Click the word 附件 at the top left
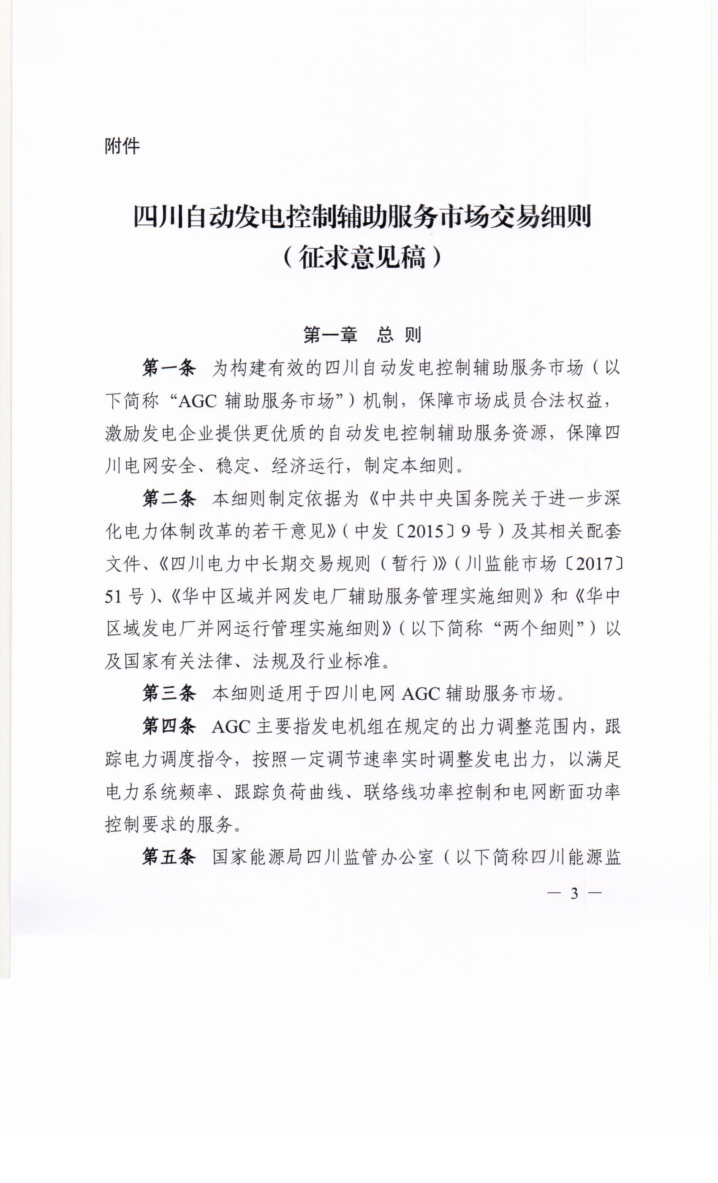pyautogui.click(x=122, y=146)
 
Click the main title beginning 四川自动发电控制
pyautogui.click(x=362, y=218)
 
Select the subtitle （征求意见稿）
pyautogui.click(x=362, y=257)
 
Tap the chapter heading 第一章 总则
pyautogui.click(x=362, y=335)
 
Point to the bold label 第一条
pyautogui.click(x=169, y=368)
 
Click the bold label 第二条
pyautogui.click(x=169, y=499)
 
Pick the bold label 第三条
pyautogui.click(x=169, y=693)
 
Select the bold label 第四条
pyautogui.click(x=169, y=726)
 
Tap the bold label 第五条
pyautogui.click(x=169, y=857)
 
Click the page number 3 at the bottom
pyautogui.click(x=574, y=894)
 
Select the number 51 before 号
pyautogui.click(x=114, y=597)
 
